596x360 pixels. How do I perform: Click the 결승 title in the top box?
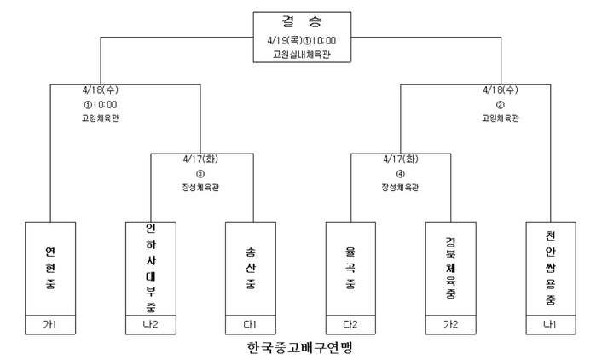point(302,21)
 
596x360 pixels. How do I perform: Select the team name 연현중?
point(50,268)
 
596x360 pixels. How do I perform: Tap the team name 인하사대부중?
point(151,268)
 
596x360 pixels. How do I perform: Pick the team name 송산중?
point(251,268)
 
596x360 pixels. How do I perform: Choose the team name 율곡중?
point(350,268)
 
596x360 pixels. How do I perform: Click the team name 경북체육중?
point(451,268)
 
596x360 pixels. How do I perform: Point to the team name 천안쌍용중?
point(551,268)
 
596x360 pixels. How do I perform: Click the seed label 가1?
point(49,325)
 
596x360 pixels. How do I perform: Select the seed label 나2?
point(151,325)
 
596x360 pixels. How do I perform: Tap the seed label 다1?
point(250,325)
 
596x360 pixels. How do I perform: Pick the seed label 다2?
point(350,325)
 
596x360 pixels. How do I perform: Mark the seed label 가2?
point(451,325)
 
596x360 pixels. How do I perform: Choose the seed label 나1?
point(551,325)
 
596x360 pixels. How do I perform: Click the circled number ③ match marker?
point(200,174)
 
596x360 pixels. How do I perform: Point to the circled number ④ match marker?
point(401,174)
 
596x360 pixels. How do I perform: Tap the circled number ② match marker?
point(501,105)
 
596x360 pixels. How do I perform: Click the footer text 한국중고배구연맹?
point(300,347)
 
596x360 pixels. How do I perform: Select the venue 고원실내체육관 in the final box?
point(302,55)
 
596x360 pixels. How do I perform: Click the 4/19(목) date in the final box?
point(285,40)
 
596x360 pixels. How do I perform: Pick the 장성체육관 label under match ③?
point(200,188)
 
